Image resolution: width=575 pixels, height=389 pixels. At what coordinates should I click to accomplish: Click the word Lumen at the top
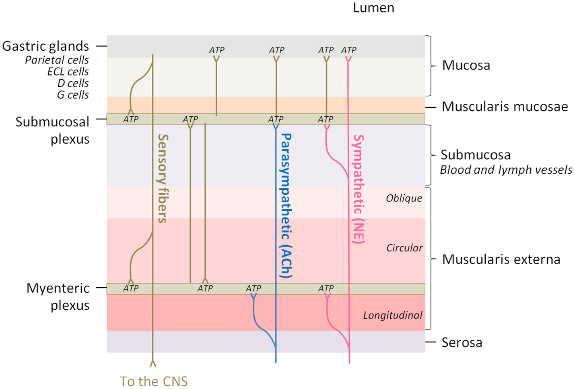tap(373, 8)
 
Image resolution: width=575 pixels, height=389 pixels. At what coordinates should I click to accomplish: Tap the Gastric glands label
tap(45, 46)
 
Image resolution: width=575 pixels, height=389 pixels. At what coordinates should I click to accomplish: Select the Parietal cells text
tap(57, 60)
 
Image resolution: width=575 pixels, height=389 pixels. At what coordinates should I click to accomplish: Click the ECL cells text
tap(68, 72)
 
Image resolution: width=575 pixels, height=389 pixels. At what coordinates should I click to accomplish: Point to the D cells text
tap(73, 83)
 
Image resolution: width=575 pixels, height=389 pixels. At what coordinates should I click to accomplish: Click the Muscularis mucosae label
tap(505, 107)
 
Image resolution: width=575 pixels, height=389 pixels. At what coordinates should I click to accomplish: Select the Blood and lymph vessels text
tap(506, 170)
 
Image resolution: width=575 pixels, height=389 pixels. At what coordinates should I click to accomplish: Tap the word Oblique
tap(404, 198)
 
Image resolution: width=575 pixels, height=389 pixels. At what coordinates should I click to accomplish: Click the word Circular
tap(404, 248)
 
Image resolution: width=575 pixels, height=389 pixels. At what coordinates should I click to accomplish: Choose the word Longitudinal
tap(392, 315)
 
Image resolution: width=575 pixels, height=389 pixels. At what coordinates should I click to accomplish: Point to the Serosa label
tap(462, 343)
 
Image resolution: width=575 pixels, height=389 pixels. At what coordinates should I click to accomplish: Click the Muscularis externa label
tap(501, 259)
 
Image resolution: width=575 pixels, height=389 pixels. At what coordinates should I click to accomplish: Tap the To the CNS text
tap(153, 381)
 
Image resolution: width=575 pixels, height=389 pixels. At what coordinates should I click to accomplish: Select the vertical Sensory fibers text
tap(162, 179)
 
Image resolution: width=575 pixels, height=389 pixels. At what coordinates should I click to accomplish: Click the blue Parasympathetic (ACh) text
tap(286, 206)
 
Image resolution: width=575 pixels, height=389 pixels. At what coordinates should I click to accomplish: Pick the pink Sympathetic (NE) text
tap(358, 189)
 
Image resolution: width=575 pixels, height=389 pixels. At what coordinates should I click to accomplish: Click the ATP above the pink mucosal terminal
tap(348, 50)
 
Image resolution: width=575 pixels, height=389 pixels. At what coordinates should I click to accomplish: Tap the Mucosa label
tap(466, 66)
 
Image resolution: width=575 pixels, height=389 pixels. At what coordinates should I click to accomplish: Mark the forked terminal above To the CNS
tap(153, 364)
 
